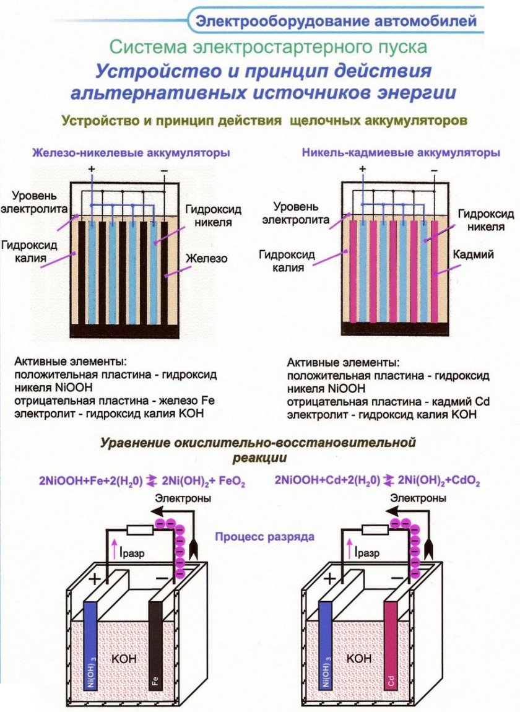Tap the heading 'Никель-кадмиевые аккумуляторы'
(x=401, y=152)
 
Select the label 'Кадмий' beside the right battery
(x=473, y=254)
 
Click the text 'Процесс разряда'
(x=265, y=536)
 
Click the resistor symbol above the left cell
(x=139, y=530)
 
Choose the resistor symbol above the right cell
(x=374, y=530)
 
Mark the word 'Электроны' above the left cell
(x=192, y=498)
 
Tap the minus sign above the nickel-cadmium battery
(x=434, y=168)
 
